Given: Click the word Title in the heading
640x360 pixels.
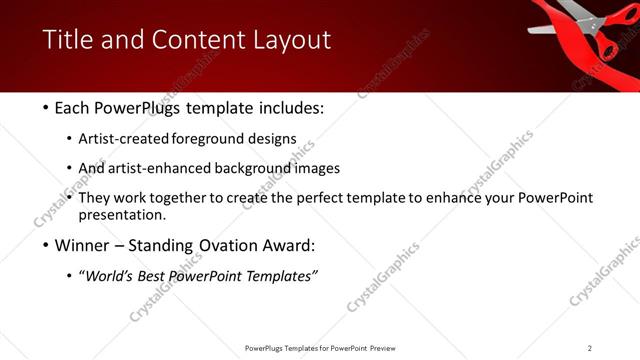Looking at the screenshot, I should tap(67, 40).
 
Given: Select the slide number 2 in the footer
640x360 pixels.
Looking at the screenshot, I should tap(590, 348).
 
